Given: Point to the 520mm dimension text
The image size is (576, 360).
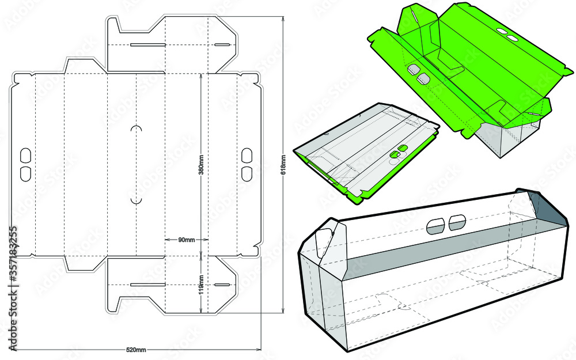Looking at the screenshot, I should pos(136,350).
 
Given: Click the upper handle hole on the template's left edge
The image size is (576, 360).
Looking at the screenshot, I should pos(25,154).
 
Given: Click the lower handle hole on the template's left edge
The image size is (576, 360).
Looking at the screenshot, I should pos(25,173).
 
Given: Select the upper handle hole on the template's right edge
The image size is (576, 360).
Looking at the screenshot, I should pos(247,154).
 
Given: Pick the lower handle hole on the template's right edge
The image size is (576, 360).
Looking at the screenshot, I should pos(247,173).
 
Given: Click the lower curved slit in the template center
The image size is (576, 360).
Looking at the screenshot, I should pos(137,199).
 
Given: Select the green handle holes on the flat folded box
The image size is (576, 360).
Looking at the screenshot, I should pos(398,151).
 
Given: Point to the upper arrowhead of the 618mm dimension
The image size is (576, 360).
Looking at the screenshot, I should pos(283,19).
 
